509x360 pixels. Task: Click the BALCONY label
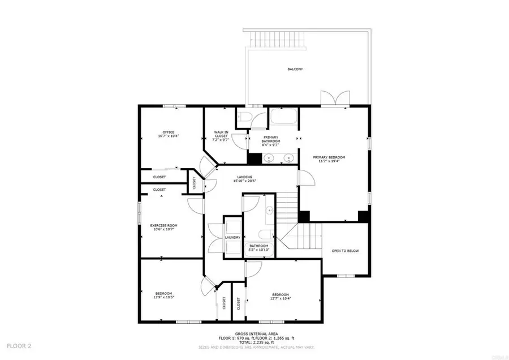pyautogui.click(x=295, y=69)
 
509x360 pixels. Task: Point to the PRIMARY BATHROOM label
pyautogui.click(x=270, y=139)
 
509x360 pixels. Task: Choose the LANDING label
pyautogui.click(x=245, y=177)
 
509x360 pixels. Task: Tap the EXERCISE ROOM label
pyautogui.click(x=163, y=225)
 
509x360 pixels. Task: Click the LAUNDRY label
pyautogui.click(x=232, y=237)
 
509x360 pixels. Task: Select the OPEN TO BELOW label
pyautogui.click(x=345, y=251)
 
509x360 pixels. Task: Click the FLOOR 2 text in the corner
pyautogui.click(x=19, y=345)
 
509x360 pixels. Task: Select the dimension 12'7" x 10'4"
pyautogui.click(x=281, y=298)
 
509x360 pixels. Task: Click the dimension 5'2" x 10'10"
pyautogui.click(x=259, y=250)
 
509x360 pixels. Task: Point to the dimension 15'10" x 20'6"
pyautogui.click(x=245, y=181)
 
